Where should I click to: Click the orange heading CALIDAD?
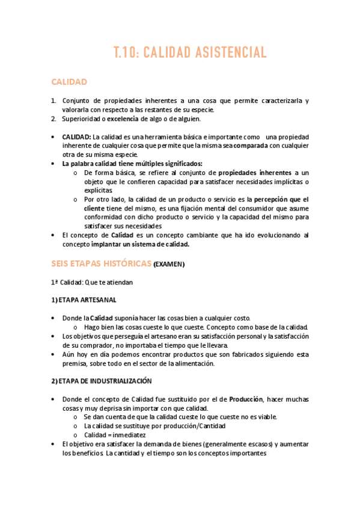[69, 81]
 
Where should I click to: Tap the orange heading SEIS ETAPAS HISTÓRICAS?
[101, 263]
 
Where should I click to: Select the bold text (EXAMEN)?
[169, 265]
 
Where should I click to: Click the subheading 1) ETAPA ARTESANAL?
[84, 300]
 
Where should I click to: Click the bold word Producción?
[246, 399]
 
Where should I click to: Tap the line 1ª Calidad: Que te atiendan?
[92, 282]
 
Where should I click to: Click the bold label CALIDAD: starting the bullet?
[77, 137]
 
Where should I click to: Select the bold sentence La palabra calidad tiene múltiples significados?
[132, 163]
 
